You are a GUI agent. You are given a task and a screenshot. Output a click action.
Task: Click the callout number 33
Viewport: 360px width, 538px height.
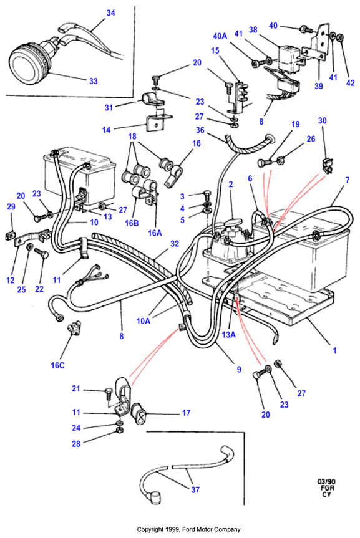pos(94,81)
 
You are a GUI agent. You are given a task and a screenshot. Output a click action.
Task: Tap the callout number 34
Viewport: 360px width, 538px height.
pos(110,12)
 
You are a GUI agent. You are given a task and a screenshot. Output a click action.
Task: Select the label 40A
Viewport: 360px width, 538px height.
pos(220,36)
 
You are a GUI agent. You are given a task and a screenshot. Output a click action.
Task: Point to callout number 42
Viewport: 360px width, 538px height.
pos(351,83)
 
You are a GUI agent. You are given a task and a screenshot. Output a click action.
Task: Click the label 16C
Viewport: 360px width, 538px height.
pos(57,365)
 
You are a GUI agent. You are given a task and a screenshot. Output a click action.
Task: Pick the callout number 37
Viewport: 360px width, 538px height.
pos(195,489)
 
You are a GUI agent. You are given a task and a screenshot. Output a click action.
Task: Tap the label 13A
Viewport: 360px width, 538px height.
pos(229,335)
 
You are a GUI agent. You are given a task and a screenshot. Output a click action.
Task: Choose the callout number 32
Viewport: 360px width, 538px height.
pos(175,243)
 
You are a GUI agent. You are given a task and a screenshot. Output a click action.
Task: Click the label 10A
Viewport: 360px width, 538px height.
pos(144,321)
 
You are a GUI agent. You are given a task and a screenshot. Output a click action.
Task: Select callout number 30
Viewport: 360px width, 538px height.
pos(322,120)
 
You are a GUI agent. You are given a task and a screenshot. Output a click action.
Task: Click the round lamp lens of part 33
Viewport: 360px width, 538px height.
pos(23,65)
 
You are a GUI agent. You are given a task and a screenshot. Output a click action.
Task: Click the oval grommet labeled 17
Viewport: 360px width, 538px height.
pos(140,414)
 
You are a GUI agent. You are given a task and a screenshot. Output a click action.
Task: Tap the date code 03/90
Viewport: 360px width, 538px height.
pos(326,481)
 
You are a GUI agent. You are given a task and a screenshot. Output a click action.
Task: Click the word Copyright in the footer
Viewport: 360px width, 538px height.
pos(147,529)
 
